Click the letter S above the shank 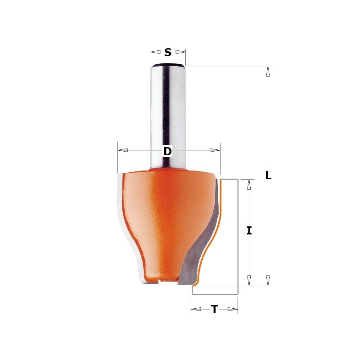pyautogui.click(x=168, y=53)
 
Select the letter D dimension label pyautogui.click(x=167, y=151)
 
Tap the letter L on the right pyautogui.click(x=268, y=175)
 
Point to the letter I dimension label pyautogui.click(x=249, y=231)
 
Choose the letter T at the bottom pyautogui.click(x=215, y=309)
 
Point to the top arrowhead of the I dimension pyautogui.click(x=249, y=184)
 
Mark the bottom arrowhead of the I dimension pyautogui.click(x=249, y=280)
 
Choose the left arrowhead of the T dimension pyautogui.click(x=197, y=309)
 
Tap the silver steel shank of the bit pyautogui.click(x=168, y=112)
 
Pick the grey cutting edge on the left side pyautogui.click(x=121, y=202)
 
